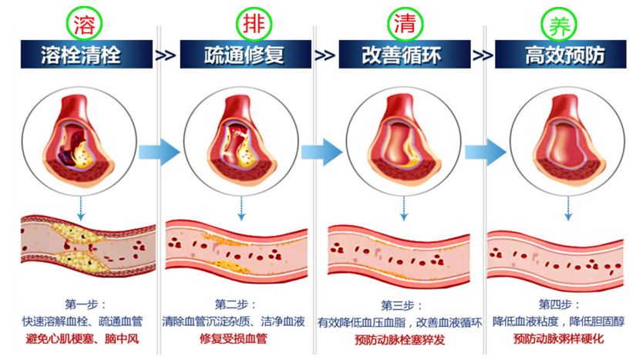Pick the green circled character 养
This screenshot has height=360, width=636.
[555, 24]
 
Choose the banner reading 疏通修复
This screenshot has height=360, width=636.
[244, 56]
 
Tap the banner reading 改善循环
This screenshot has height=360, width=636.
[403, 56]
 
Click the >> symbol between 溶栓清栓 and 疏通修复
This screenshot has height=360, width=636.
[165, 56]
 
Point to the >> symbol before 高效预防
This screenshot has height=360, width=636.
[483, 56]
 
